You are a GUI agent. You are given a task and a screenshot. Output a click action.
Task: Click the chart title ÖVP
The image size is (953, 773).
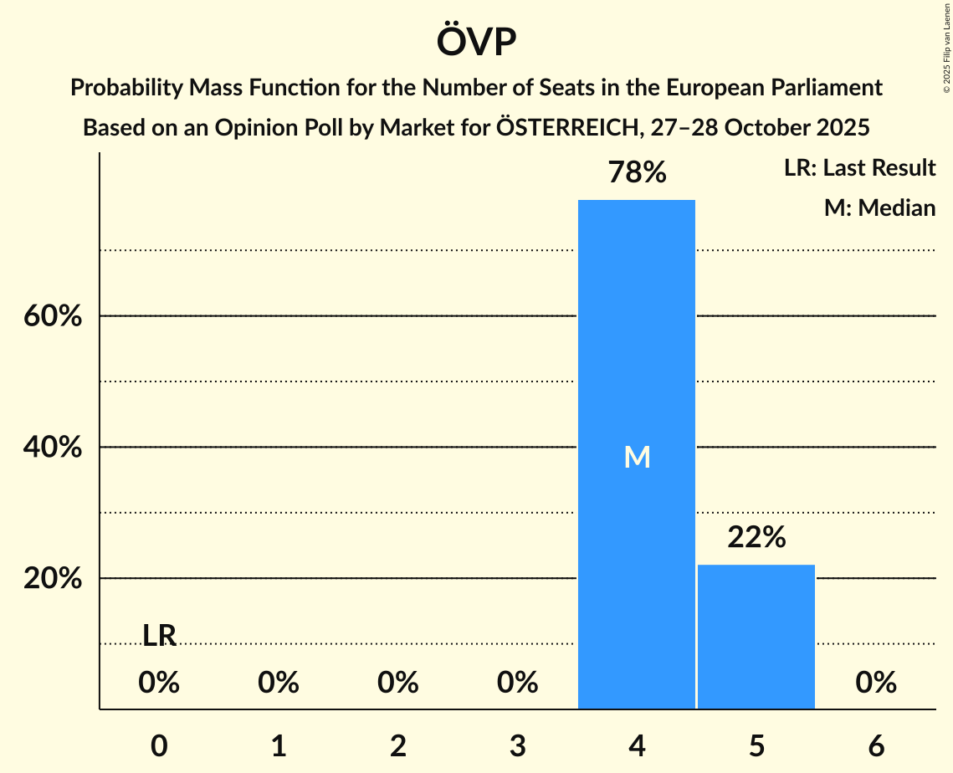476,42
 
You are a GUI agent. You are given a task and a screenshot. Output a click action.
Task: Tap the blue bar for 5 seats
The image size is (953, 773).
756,637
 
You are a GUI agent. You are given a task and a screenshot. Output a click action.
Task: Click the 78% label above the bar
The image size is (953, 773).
637,173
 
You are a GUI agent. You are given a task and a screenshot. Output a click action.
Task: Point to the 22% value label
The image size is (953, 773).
756,538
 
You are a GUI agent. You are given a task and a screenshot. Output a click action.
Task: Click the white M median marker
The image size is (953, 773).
637,457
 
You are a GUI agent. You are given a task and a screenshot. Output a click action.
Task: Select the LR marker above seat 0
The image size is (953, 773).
159,636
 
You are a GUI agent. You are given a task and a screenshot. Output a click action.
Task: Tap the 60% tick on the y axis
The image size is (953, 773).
53,317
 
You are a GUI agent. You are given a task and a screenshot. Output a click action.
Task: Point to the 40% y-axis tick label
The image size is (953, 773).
53,448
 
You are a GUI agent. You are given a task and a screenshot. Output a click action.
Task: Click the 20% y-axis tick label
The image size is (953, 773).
53,579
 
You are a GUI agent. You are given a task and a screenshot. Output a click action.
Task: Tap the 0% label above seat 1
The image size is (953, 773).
279,683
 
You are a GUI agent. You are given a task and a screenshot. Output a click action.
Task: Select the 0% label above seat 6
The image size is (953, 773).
876,683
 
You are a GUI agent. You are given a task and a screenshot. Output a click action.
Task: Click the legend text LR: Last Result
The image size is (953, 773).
859,168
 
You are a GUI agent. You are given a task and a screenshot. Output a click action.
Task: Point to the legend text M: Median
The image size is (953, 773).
879,207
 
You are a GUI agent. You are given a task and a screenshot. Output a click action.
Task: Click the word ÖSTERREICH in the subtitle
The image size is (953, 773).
568,128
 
